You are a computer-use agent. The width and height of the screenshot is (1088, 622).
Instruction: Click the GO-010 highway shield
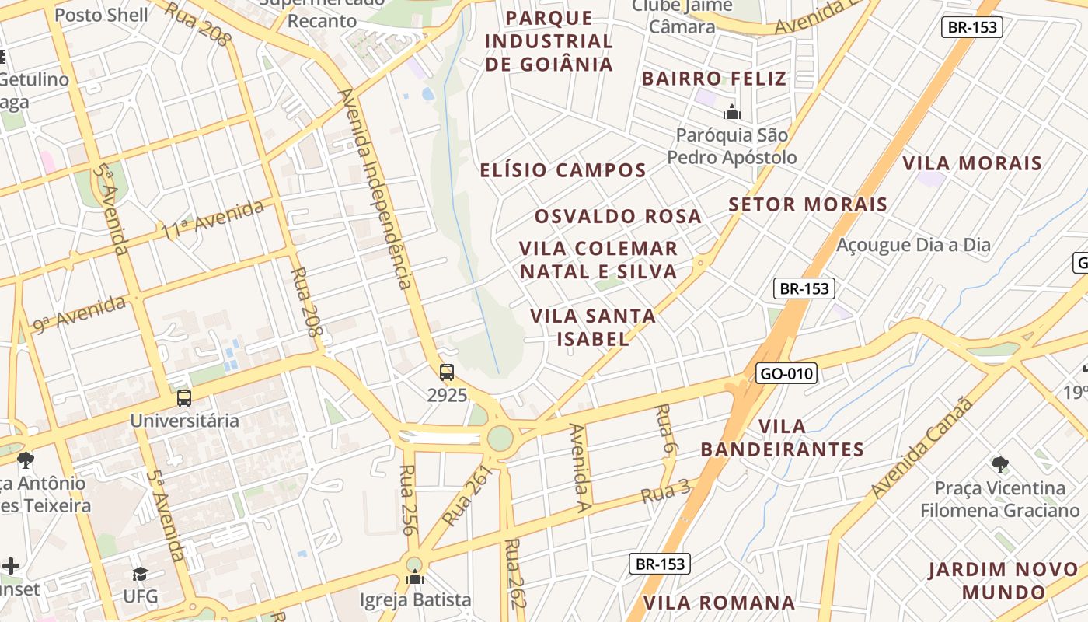click(786, 374)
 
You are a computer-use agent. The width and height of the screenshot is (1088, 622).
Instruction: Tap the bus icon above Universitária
click(184, 398)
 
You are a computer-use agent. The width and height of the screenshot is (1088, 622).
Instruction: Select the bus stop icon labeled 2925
click(447, 372)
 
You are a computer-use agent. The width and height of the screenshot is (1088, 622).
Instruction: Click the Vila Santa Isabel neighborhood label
click(593, 327)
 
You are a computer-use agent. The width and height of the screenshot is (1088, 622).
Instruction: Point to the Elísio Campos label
click(563, 170)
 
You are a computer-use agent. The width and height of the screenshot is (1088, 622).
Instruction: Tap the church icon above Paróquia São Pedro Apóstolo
click(731, 113)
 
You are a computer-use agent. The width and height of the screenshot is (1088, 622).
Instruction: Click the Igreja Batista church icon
click(415, 578)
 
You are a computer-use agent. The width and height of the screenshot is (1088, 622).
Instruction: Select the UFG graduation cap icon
click(140, 574)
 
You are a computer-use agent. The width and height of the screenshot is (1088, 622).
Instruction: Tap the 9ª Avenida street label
click(78, 314)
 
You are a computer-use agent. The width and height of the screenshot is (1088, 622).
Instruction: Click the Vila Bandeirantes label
click(782, 438)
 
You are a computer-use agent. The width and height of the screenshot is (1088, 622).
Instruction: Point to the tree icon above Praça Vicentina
click(1000, 465)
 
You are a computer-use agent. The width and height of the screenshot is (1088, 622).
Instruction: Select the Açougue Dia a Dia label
click(913, 246)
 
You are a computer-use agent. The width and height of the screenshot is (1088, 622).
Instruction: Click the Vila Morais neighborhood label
click(971, 163)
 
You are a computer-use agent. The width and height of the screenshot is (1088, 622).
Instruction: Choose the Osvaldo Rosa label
click(618, 216)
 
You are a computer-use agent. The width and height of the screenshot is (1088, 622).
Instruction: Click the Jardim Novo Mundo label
click(1003, 580)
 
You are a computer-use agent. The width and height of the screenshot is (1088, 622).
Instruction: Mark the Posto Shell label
click(101, 15)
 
